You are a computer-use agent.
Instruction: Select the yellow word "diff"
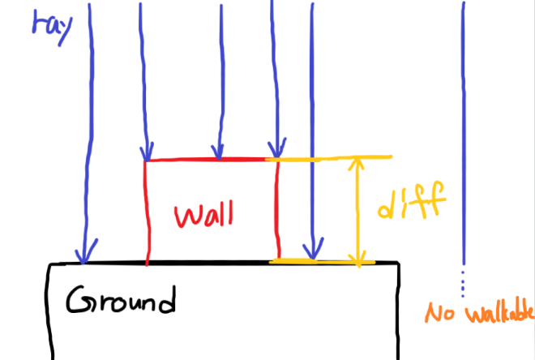(411, 203)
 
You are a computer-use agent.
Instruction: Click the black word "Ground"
(121, 301)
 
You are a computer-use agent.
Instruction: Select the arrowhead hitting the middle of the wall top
(217, 150)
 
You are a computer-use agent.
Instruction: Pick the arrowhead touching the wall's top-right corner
(277, 148)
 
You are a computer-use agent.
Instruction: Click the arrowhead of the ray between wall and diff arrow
(310, 247)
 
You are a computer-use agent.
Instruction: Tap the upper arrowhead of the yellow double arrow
(354, 165)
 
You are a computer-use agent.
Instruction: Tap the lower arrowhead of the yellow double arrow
(357, 257)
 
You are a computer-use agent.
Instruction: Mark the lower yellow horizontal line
(324, 261)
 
